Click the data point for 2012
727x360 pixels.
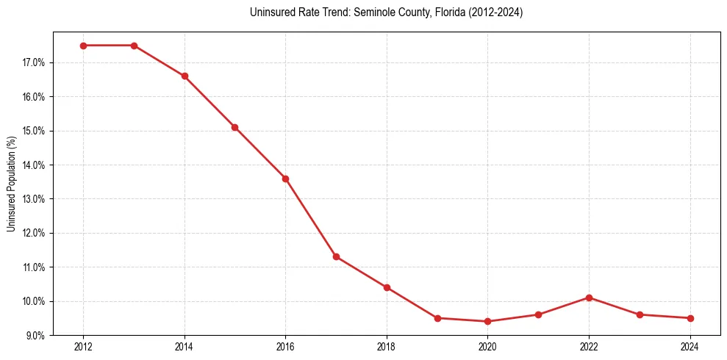83,46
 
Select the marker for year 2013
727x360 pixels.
134,46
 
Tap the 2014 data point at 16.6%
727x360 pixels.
185,76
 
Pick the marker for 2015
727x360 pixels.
234,127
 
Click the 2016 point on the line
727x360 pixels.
285,179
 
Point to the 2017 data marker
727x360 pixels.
336,256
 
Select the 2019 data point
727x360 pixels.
437,318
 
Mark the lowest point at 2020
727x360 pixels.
488,321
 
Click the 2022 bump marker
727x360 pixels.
589,298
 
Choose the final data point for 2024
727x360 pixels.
690,318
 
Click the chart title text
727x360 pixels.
386,12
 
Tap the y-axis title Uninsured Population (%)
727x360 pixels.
12,184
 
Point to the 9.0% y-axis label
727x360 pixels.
35,336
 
